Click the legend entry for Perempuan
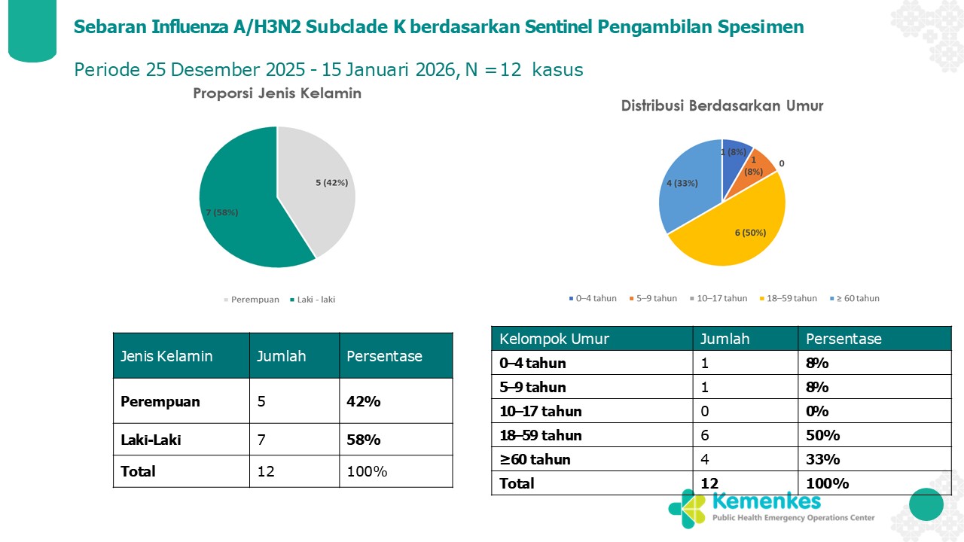(x=252, y=300)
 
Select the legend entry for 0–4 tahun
(x=593, y=298)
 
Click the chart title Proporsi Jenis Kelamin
(x=277, y=94)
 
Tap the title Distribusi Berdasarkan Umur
(x=721, y=106)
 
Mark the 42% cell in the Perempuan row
(x=363, y=401)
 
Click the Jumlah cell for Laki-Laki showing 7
(x=261, y=440)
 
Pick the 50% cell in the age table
(x=822, y=435)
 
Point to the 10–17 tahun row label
(x=541, y=411)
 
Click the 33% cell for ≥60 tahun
(x=822, y=459)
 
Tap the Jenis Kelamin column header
(x=166, y=356)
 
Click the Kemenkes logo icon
(x=686, y=507)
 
